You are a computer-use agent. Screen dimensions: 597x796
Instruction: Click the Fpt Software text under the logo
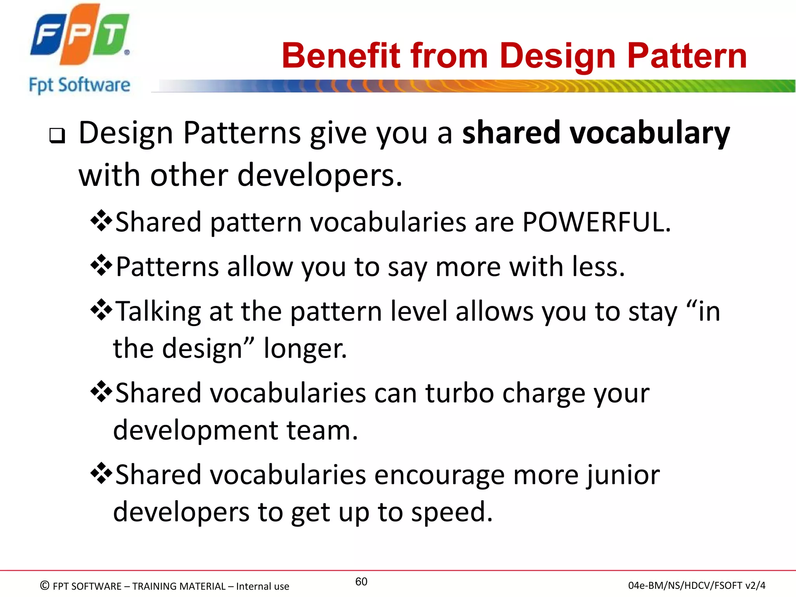click(x=80, y=85)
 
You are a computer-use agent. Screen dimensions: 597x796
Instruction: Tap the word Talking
click(x=158, y=312)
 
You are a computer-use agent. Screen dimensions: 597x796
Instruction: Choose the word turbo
click(x=459, y=393)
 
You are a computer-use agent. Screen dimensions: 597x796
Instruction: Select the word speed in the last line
click(x=451, y=512)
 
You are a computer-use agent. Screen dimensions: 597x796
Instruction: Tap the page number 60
click(x=361, y=581)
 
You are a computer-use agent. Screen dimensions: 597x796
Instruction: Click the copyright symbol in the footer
click(x=45, y=585)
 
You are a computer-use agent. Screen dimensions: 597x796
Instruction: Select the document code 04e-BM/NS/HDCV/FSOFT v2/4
click(x=696, y=585)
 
